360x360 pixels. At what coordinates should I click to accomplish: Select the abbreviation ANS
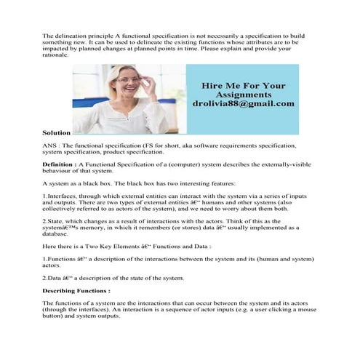point(50,146)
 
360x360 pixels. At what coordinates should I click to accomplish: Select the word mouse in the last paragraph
point(307,309)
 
